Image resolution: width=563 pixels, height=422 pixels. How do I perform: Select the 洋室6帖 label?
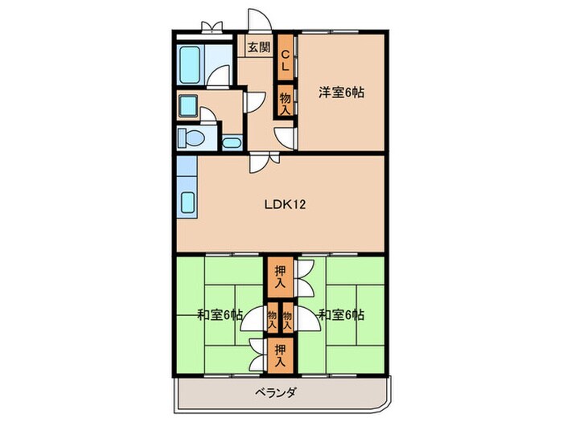[x=341, y=92]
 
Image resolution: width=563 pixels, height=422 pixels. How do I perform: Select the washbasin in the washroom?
[x=191, y=106]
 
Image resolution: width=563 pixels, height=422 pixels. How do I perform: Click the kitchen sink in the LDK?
[x=187, y=203]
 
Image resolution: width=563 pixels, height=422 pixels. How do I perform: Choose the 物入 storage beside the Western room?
[x=284, y=102]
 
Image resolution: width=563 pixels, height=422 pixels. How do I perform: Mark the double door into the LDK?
[x=261, y=163]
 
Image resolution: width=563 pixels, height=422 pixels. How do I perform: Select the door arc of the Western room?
[x=286, y=137]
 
